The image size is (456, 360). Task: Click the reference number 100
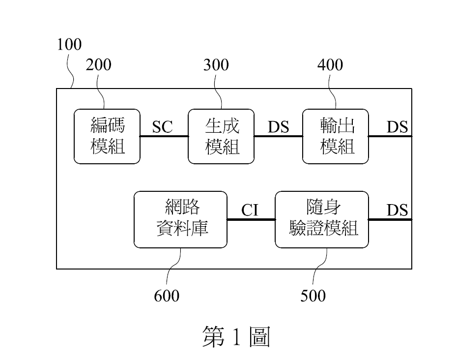[69, 45]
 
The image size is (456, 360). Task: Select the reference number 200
[99, 65]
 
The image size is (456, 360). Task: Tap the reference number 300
[216, 65]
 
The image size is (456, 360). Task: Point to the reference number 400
[330, 65]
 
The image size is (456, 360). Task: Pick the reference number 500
[313, 296]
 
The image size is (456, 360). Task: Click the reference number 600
[167, 296]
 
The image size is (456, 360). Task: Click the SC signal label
[163, 127]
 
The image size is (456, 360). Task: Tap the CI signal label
[250, 210]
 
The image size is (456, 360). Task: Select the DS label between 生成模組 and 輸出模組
[278, 127]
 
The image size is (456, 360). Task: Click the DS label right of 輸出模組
[397, 127]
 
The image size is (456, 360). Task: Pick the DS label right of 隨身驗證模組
[397, 210]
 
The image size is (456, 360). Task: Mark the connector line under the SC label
[164, 136]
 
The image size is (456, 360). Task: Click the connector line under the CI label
[251, 219]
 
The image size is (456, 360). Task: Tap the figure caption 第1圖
[236, 337]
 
